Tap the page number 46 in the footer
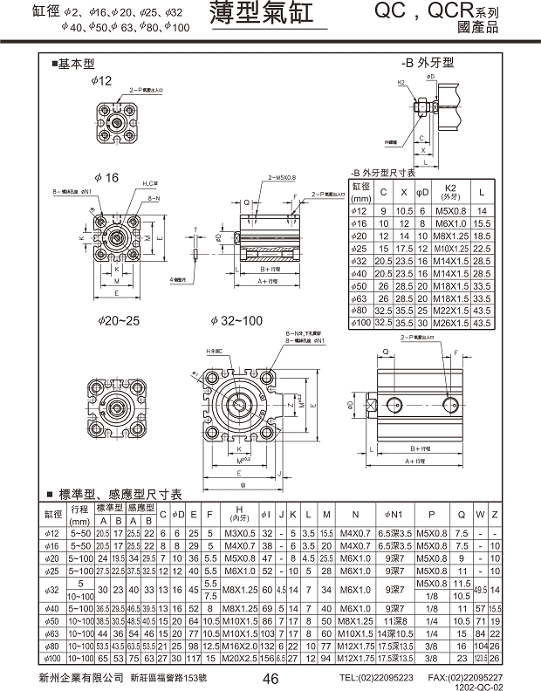point(270,679)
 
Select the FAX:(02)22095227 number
point(465,677)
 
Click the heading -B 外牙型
point(428,63)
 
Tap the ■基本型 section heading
point(72,64)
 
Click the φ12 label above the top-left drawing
point(102,80)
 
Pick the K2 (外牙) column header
point(450,191)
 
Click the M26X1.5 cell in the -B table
point(450,323)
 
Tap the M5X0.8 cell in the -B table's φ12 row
point(450,210)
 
